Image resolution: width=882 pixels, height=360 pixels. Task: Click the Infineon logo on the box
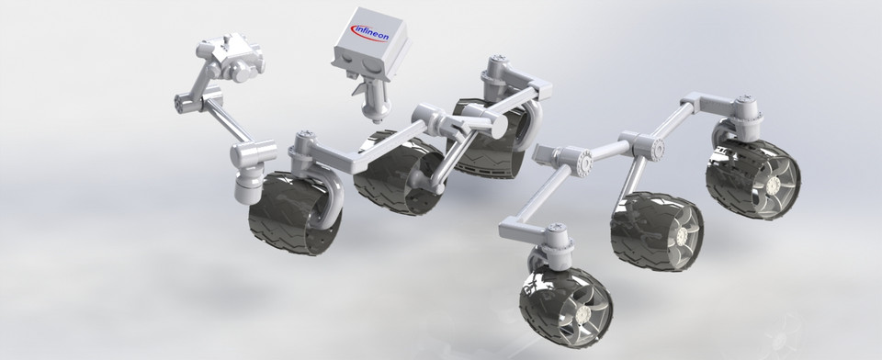click(x=370, y=36)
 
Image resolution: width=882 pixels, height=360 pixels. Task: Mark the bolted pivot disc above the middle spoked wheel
click(x=643, y=145)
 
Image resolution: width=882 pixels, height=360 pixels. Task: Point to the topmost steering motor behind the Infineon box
click(x=496, y=70)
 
